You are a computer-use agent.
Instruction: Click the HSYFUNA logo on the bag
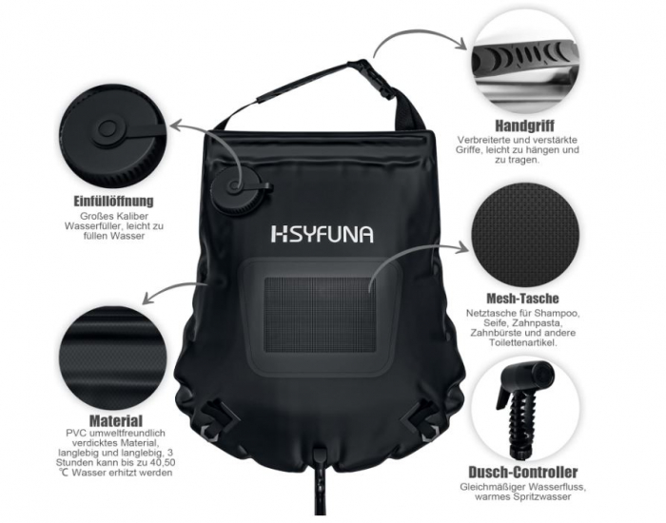point(322,234)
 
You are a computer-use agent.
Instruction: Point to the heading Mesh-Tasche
point(521,299)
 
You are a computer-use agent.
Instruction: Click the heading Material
point(116,419)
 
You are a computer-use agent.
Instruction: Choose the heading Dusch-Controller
point(523,472)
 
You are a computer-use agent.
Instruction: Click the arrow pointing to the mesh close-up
point(419,255)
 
